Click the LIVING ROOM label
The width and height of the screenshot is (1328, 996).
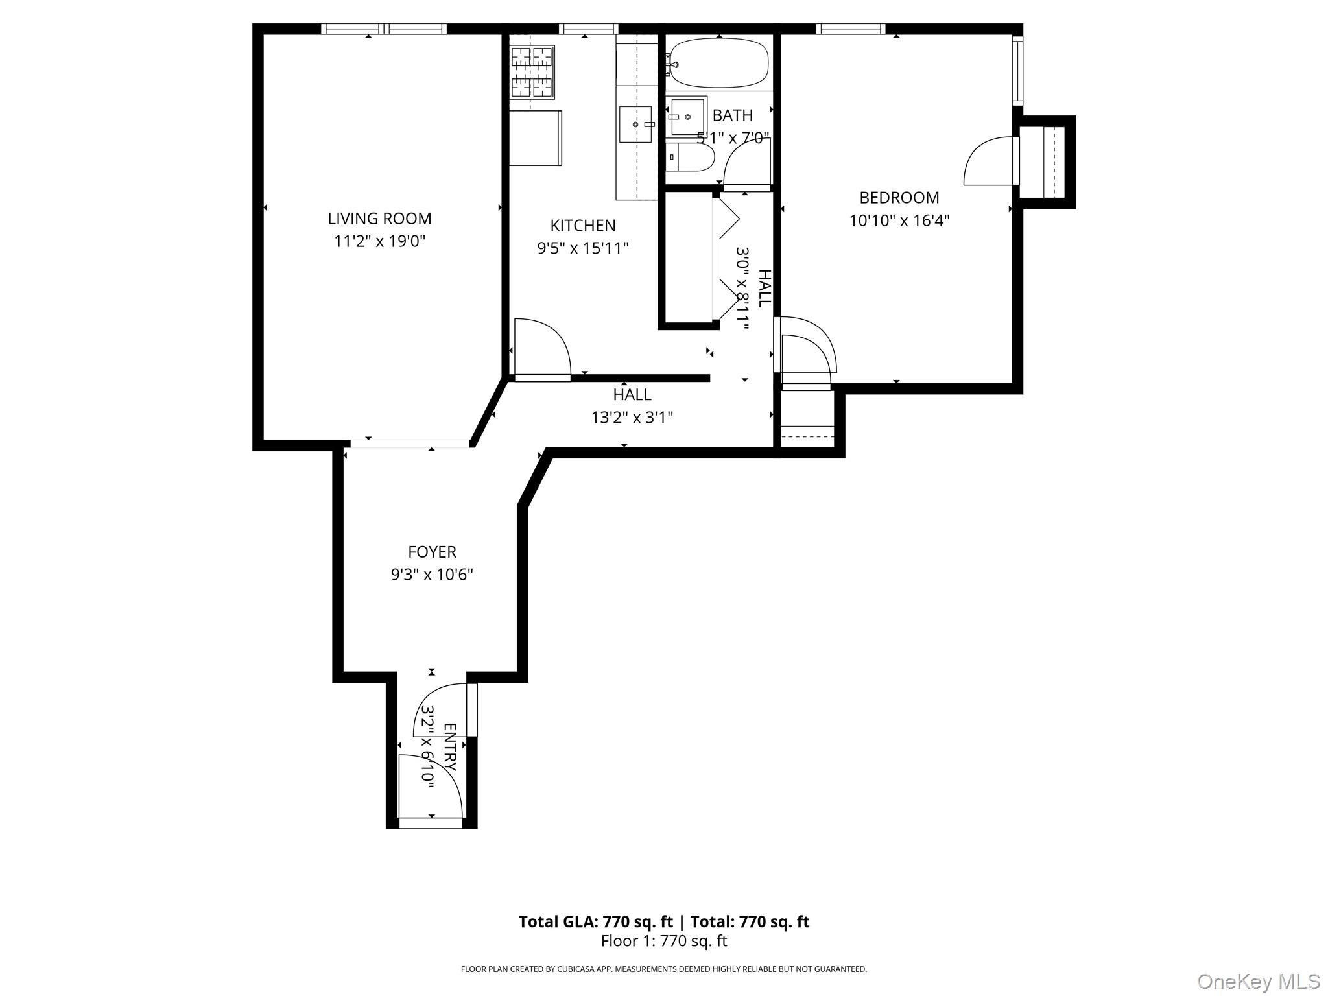point(379,219)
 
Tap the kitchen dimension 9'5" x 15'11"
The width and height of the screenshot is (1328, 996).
point(582,248)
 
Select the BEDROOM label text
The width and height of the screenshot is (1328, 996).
point(899,198)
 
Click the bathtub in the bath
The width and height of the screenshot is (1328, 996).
point(718,63)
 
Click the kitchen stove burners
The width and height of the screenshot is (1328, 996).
point(532,71)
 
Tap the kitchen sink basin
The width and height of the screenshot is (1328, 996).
point(635,124)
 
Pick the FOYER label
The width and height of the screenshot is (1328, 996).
point(432,552)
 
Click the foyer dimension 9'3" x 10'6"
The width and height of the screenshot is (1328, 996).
point(432,575)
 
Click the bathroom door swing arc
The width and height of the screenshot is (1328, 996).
point(746,165)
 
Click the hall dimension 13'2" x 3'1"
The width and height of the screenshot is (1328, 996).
point(632,418)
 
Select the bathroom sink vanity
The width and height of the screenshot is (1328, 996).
point(687,116)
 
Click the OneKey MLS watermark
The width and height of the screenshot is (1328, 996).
point(1258,981)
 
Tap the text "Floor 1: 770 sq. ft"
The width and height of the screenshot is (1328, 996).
point(663,941)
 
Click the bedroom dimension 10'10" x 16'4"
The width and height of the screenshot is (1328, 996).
point(899,221)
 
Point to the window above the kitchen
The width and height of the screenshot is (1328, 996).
point(588,29)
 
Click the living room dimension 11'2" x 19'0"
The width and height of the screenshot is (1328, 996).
point(379,242)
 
